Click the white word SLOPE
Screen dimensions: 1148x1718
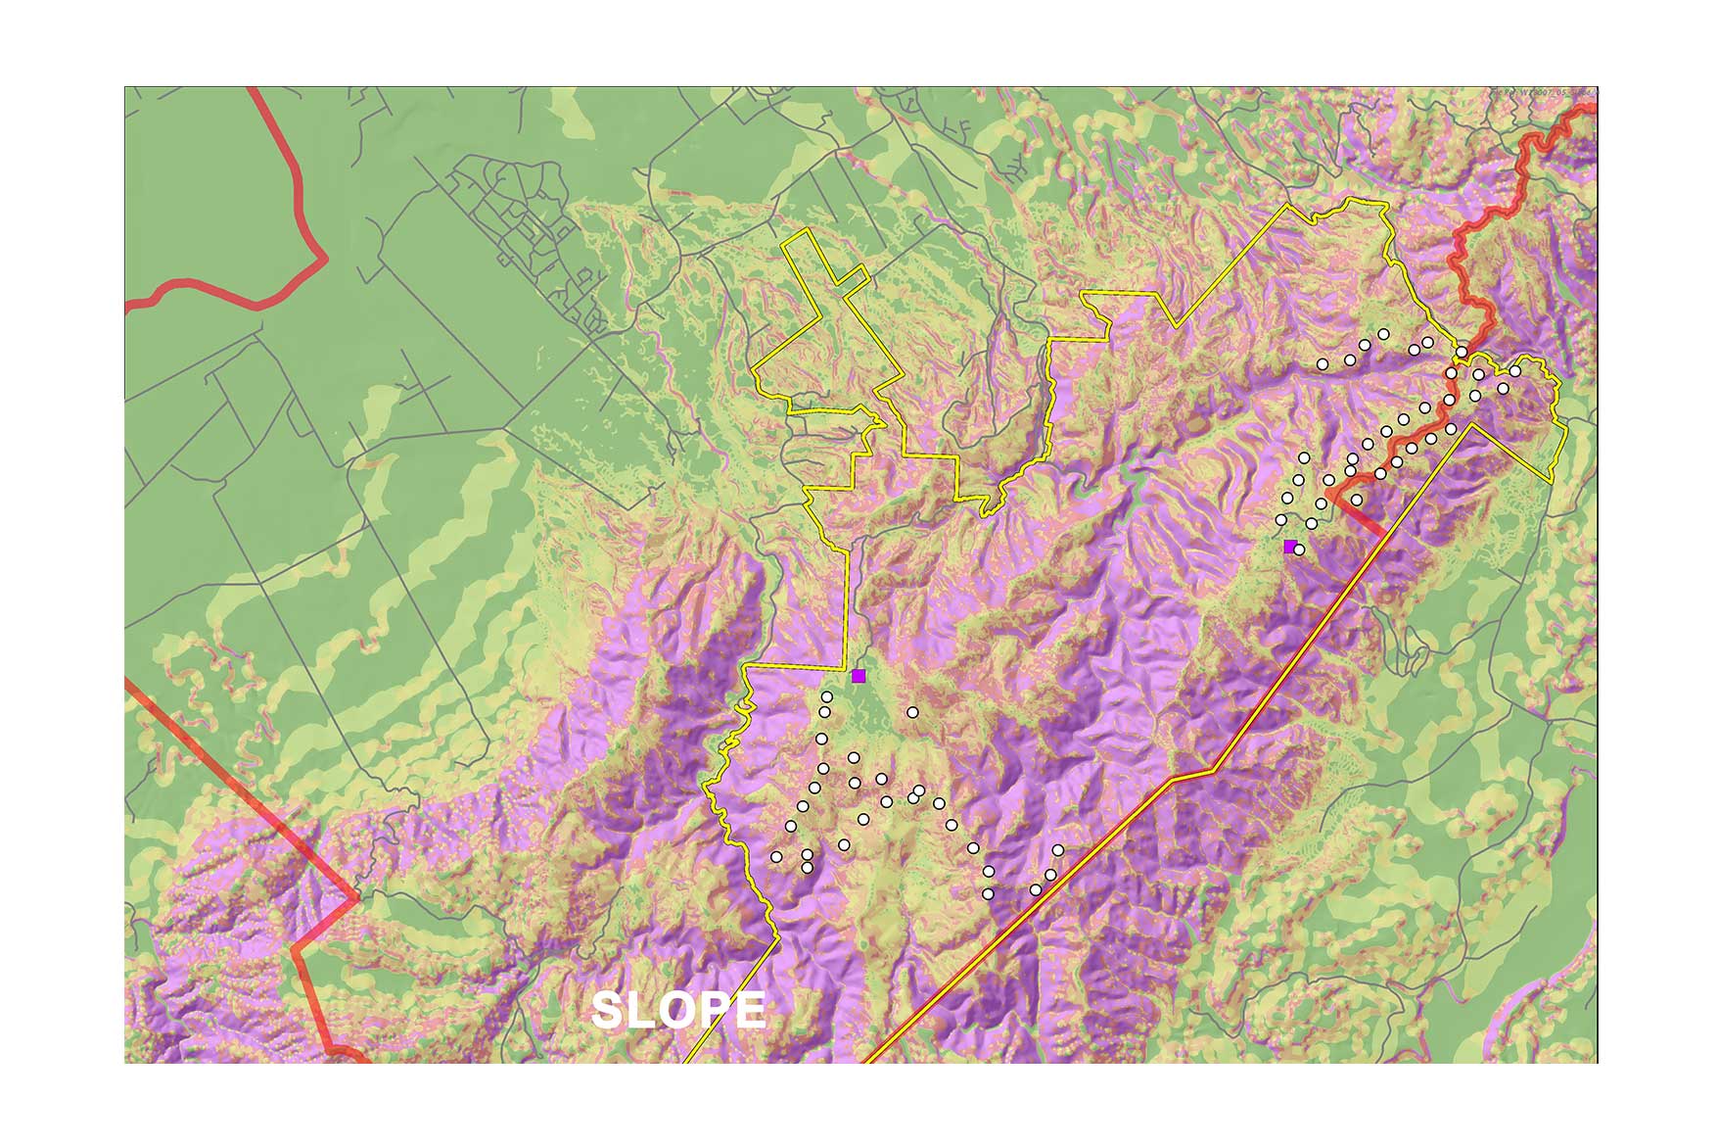click(678, 1011)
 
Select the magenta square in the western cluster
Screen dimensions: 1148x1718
click(859, 676)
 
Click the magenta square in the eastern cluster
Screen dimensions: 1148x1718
click(1290, 546)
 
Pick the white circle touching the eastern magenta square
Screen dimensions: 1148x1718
click(1299, 550)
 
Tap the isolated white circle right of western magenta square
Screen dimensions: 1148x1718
click(912, 712)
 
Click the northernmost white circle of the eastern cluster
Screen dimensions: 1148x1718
click(1383, 334)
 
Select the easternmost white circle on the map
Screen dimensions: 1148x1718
click(1515, 371)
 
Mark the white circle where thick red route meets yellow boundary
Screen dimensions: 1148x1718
click(1461, 352)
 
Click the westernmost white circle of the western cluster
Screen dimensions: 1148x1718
click(776, 857)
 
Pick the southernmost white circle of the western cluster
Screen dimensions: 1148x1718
click(988, 893)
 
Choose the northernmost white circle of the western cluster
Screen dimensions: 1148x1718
click(827, 696)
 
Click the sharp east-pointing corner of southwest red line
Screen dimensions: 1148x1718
click(357, 896)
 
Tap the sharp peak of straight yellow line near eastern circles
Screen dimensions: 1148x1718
click(1468, 427)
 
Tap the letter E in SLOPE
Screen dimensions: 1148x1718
click(749, 1011)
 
